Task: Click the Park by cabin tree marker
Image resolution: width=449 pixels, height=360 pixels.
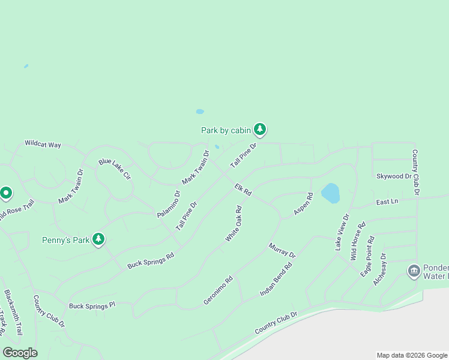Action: tap(259, 129)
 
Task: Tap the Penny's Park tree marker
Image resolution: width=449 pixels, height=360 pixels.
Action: tap(98, 239)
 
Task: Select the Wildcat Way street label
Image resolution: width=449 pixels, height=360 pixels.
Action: tap(43, 144)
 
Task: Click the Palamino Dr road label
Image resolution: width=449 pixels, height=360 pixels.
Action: tap(169, 204)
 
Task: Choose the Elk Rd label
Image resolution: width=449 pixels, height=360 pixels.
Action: tap(243, 188)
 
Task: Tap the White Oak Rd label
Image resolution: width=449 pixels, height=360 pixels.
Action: tap(234, 224)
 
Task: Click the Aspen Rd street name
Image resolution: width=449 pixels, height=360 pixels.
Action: tap(303, 204)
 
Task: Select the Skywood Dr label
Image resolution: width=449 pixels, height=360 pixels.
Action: tap(394, 176)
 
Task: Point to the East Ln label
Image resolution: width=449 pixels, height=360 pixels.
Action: tap(387, 202)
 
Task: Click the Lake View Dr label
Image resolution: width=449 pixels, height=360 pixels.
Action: tap(341, 232)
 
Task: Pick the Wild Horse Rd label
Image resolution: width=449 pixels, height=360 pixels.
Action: tap(358, 241)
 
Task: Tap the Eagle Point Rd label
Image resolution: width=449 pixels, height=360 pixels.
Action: tap(367, 256)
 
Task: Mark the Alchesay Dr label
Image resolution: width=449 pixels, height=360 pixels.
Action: tap(380, 269)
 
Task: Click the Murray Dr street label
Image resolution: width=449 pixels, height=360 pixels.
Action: tap(282, 250)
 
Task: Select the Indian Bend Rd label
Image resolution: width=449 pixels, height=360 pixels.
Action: tap(276, 278)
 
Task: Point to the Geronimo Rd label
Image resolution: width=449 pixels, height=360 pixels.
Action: tap(217, 290)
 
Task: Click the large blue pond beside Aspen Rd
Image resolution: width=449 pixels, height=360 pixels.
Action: tap(330, 193)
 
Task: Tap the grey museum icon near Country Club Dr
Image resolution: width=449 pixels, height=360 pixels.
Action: tap(414, 271)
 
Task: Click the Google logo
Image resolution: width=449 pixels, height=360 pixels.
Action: tap(20, 353)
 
